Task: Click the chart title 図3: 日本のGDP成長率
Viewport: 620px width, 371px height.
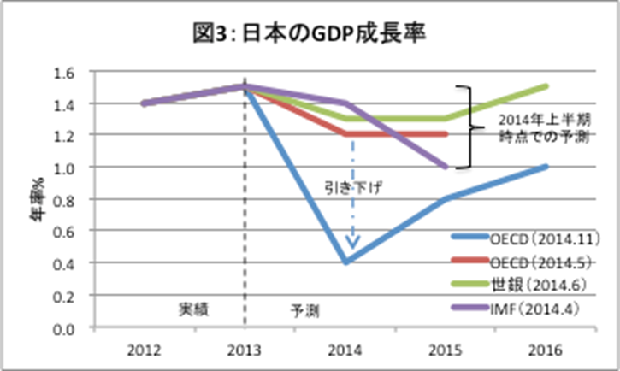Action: pyautogui.click(x=310, y=34)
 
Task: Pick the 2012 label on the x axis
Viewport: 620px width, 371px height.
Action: pyautogui.click(x=144, y=350)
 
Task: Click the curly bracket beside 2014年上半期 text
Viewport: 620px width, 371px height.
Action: pyautogui.click(x=465, y=127)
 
